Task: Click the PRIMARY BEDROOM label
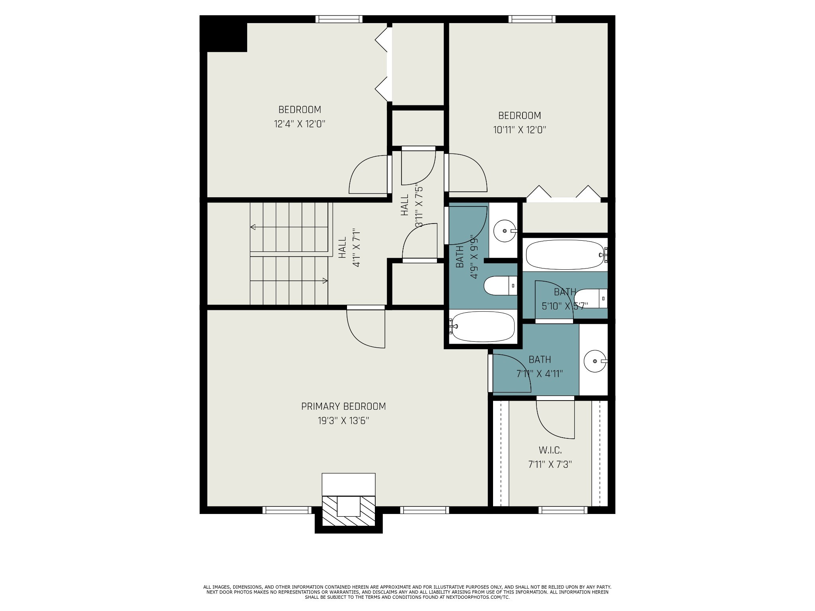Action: [x=343, y=406]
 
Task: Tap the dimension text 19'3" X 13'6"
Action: [x=343, y=421]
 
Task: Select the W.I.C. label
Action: [x=550, y=450]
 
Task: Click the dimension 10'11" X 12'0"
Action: [x=519, y=130]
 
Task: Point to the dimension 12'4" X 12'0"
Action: [x=299, y=124]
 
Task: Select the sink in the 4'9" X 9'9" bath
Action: [x=504, y=231]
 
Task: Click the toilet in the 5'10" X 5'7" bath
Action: [x=591, y=298]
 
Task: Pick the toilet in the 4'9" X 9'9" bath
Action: [x=500, y=286]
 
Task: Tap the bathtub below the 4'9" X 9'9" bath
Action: [x=483, y=327]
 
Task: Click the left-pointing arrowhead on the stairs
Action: [x=252, y=227]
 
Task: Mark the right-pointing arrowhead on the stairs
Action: [x=325, y=281]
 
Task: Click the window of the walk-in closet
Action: [x=563, y=510]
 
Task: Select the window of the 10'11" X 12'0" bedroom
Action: [x=532, y=19]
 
